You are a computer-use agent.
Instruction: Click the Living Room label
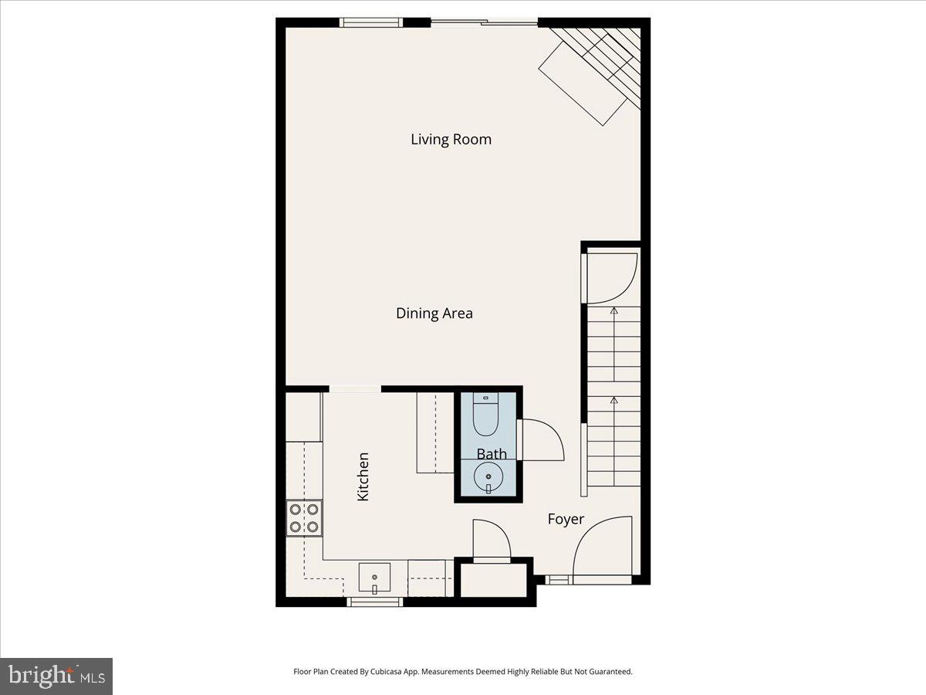[451, 140]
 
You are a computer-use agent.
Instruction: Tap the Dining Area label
[434, 314]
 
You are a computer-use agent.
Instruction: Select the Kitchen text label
[363, 476]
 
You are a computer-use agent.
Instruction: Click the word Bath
[492, 453]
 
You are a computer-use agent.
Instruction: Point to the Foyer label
[566, 520]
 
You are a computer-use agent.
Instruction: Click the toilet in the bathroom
[486, 417]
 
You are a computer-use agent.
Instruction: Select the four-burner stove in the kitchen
[304, 518]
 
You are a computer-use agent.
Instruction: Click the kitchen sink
[374, 578]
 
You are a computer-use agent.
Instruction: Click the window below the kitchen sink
[374, 602]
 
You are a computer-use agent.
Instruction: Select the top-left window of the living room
[371, 22]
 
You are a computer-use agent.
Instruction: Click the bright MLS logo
[56, 676]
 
